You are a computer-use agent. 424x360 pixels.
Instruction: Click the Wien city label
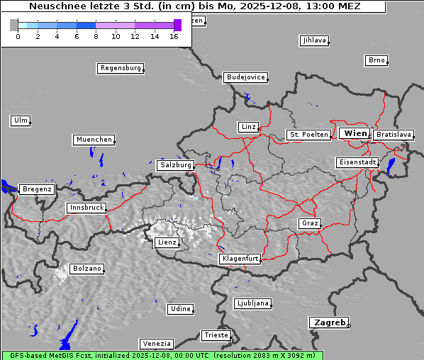click(x=355, y=133)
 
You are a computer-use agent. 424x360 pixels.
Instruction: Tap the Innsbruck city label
click(x=87, y=208)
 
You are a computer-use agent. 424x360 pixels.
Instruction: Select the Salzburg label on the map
click(x=176, y=165)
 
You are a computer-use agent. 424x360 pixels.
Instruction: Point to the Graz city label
click(x=310, y=223)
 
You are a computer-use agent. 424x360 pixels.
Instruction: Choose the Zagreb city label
click(x=329, y=322)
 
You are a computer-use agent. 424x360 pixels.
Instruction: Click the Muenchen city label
click(x=94, y=140)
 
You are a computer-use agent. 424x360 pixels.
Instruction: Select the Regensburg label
click(x=121, y=69)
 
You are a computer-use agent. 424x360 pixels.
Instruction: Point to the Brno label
click(x=376, y=60)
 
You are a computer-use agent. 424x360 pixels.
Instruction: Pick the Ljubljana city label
click(x=252, y=303)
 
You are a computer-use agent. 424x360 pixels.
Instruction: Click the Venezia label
click(x=155, y=344)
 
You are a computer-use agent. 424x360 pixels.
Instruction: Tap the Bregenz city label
click(x=37, y=189)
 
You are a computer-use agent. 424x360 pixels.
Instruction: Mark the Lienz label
click(x=167, y=242)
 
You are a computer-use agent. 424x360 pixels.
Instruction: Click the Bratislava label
click(x=394, y=135)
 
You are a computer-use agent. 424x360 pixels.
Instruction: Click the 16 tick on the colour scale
click(x=174, y=35)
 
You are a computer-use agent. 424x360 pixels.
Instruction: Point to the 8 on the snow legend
click(x=96, y=35)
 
